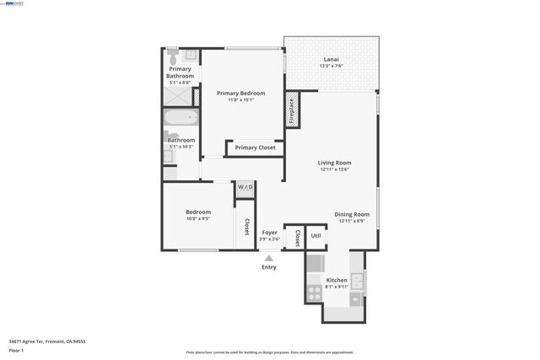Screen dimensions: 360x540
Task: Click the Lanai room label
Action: pos(331,60)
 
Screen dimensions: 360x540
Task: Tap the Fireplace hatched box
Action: pos(293,109)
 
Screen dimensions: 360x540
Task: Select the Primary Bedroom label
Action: pos(240,93)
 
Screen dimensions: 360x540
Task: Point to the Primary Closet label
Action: pos(256,148)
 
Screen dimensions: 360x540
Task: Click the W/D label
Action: pos(245,186)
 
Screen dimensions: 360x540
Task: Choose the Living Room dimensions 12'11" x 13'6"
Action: pos(334,169)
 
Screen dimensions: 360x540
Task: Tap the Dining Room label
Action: pos(352,214)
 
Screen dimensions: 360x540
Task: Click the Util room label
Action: pos(316,236)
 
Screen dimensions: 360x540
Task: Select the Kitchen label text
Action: pos(337,280)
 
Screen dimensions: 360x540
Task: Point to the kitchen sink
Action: pos(357,281)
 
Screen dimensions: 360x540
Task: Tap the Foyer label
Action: pos(269,232)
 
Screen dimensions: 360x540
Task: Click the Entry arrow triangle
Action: pos(269,258)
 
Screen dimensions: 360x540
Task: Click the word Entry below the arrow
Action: pos(269,267)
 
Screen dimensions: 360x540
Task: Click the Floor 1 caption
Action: pos(16,350)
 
